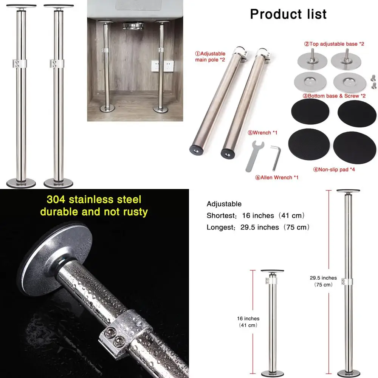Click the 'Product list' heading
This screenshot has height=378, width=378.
pyautogui.click(x=288, y=14)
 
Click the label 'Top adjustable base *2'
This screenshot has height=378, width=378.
pyautogui.click(x=334, y=44)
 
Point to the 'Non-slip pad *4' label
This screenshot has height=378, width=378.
pyautogui.click(x=334, y=169)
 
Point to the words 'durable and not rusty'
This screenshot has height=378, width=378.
pyautogui.click(x=94, y=212)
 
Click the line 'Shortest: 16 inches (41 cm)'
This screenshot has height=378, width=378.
pyautogui.click(x=256, y=215)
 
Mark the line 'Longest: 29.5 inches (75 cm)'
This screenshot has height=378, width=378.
pyautogui.click(x=258, y=227)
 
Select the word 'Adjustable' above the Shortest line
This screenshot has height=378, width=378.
pyautogui.click(x=224, y=204)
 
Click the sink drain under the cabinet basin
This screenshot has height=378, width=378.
pyautogui.click(x=132, y=25)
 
